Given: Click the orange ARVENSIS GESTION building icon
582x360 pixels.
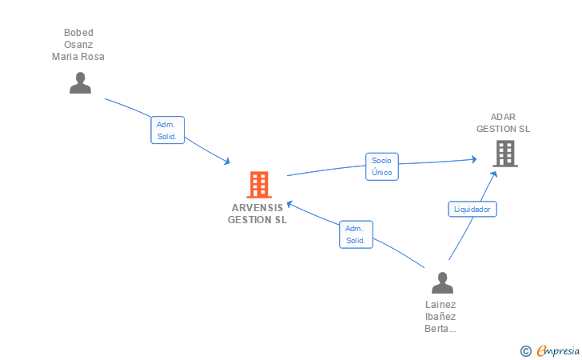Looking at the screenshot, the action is [x=258, y=185].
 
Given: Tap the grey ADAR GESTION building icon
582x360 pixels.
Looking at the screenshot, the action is [x=504, y=154].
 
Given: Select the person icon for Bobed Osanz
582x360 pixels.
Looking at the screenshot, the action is [x=80, y=82].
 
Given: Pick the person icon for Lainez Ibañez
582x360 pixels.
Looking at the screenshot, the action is [x=442, y=282].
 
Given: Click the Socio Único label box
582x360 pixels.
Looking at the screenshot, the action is [x=381, y=166].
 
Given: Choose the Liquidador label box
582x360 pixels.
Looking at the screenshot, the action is [x=472, y=209].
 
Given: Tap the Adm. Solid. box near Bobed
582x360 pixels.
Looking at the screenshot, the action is [x=168, y=130].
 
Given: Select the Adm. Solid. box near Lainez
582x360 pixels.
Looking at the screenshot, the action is [x=355, y=234].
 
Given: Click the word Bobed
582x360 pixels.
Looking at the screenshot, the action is [x=78, y=33].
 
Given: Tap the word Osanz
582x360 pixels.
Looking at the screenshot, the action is [x=78, y=45].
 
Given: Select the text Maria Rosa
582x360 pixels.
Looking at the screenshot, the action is [x=78, y=57].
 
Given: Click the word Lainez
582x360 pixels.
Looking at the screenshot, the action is [x=440, y=305].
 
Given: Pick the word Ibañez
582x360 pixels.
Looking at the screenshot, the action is [x=440, y=317].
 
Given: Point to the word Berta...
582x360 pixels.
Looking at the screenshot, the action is [x=439, y=329].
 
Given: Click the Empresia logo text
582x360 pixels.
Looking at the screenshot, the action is [x=558, y=350].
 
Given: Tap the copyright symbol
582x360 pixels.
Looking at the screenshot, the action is [x=525, y=350].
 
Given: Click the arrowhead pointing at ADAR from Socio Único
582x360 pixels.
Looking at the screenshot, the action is [x=474, y=160].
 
